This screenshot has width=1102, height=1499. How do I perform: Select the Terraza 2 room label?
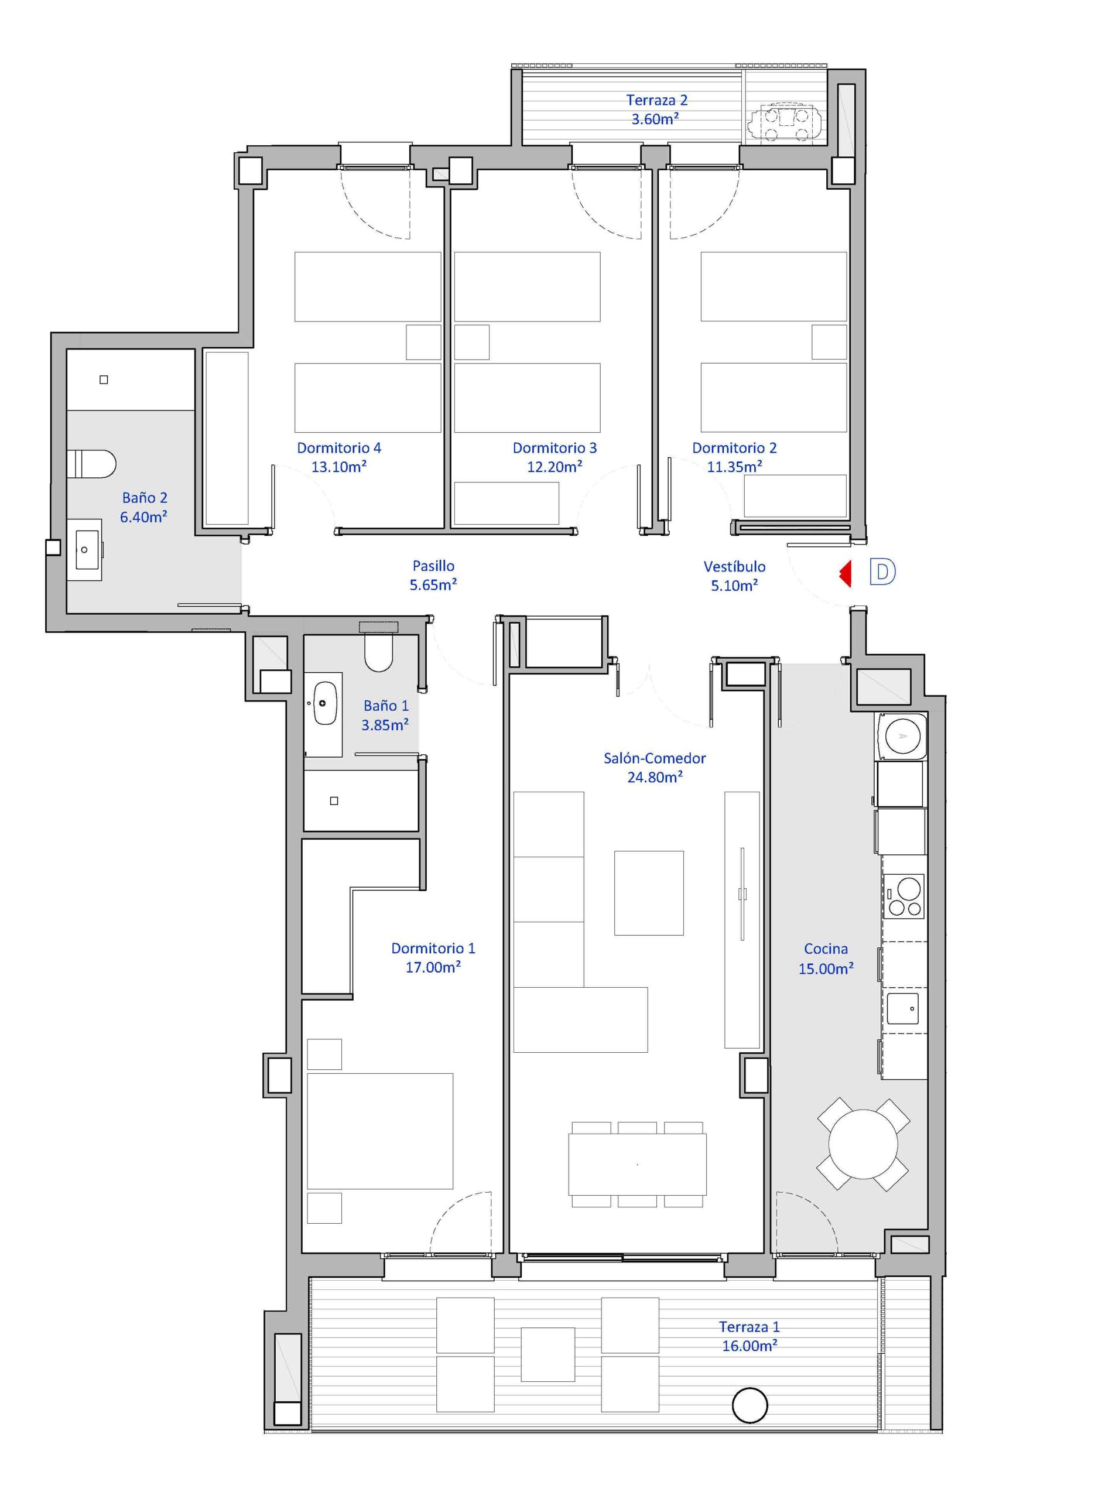point(656,100)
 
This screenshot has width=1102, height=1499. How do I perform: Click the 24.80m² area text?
point(655,777)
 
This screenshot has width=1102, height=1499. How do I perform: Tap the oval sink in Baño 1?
point(324,703)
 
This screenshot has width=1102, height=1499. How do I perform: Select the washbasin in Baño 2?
point(85,550)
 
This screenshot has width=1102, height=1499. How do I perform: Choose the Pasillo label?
point(433,566)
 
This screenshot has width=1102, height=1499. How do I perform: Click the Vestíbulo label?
point(734,566)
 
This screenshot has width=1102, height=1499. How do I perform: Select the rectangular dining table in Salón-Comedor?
point(637,1165)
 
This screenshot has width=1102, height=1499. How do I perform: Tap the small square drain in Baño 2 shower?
point(104,379)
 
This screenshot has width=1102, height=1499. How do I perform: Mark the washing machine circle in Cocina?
point(903,736)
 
